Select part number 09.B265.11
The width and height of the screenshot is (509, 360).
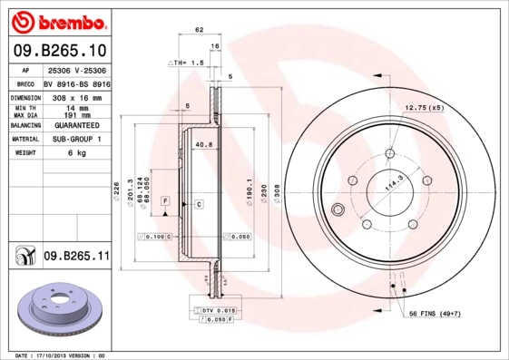(76, 257)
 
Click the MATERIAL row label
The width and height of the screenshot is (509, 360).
(24, 139)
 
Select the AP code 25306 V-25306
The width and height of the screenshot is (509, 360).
(76, 70)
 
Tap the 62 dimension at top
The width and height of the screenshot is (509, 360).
(199, 30)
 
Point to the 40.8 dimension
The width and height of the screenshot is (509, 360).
(203, 143)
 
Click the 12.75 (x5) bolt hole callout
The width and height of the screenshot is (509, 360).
(424, 108)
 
